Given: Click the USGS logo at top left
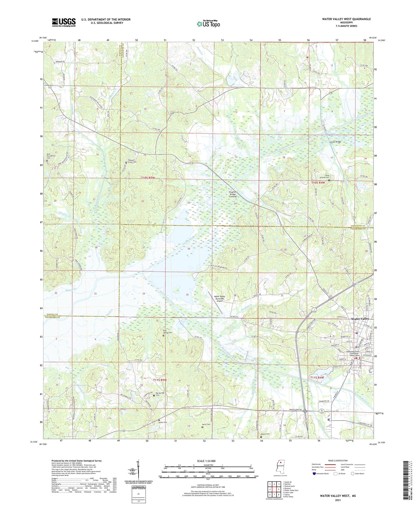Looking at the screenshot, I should pyautogui.click(x=64, y=22).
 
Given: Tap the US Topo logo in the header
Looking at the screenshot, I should pyautogui.click(x=208, y=24).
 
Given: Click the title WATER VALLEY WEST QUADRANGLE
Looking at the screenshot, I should pyautogui.click(x=346, y=19).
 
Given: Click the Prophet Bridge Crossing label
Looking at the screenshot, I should pyautogui.click(x=233, y=194).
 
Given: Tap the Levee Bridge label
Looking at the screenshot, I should pyautogui.click(x=328, y=142).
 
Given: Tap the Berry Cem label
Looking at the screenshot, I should pyautogui.click(x=206, y=425).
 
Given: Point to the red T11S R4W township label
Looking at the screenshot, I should pyautogui.click(x=317, y=378).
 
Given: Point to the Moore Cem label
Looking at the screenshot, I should pyautogui.click(x=266, y=434).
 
